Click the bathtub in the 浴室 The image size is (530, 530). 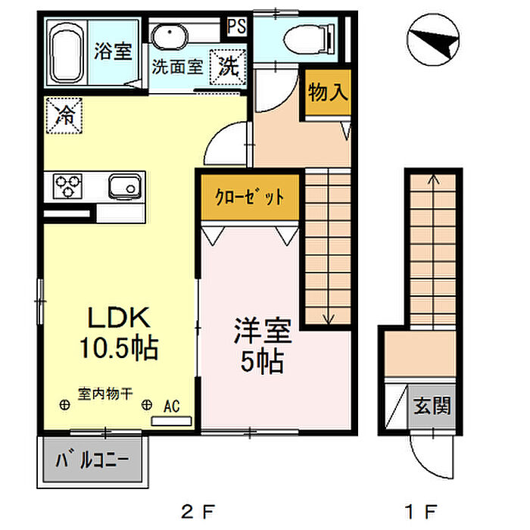(x=67, y=55)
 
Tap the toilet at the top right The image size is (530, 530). (x=309, y=39)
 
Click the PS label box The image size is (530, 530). (x=236, y=26)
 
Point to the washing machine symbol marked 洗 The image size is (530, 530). (x=228, y=67)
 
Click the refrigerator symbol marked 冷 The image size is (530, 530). (x=64, y=115)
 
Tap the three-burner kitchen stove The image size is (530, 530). (x=67, y=186)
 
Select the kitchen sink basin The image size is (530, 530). (x=125, y=186)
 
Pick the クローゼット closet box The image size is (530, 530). (x=250, y=197)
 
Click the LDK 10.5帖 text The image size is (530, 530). (x=119, y=332)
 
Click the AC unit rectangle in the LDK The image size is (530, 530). (x=171, y=421)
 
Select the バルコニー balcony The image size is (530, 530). (x=92, y=460)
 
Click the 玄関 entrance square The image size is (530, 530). (x=432, y=406)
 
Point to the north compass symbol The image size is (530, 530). (x=433, y=39)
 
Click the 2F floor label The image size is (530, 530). (x=198, y=511)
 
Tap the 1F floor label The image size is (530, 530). (x=421, y=511)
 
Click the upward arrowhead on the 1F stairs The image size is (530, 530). (x=434, y=179)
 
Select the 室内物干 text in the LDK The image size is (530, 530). (x=105, y=394)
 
